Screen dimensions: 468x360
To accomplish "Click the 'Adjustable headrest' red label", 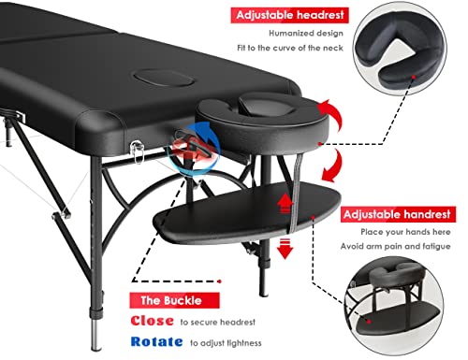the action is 289,15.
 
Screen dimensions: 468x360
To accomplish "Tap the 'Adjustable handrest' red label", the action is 398,214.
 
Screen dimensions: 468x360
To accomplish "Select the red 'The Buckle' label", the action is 174,300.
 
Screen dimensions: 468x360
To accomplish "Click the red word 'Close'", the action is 152,321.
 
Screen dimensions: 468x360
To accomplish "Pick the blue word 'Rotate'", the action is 156,342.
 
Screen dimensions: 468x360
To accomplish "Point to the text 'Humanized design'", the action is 306,33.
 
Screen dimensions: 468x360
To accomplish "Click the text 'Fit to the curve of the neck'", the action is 290,48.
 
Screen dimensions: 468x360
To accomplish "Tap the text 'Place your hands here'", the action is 405,232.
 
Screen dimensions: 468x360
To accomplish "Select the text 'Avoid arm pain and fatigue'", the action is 395,247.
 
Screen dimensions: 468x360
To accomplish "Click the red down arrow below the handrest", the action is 285,249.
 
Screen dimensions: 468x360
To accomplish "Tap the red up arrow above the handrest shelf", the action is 285,203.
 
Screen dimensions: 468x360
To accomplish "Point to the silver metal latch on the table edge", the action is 138,151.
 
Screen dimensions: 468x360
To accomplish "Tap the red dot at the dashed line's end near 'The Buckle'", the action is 220,281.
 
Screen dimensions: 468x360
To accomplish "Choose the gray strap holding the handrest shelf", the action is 295,194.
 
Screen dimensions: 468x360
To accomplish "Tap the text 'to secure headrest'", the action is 217,322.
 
